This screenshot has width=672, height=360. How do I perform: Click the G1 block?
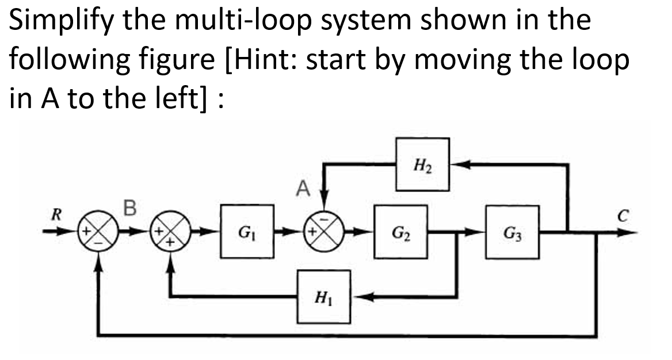click(247, 231)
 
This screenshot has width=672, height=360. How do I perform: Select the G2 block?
click(400, 231)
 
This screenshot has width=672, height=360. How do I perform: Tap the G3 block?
click(512, 231)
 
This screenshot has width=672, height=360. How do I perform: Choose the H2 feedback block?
click(422, 164)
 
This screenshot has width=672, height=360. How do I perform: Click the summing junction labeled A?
click(324, 231)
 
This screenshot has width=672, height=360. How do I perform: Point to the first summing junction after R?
click(98, 231)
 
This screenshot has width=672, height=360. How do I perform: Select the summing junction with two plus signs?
click(171, 231)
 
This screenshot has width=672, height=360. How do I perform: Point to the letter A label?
click(303, 188)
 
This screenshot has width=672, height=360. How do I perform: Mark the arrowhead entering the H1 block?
click(362, 297)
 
